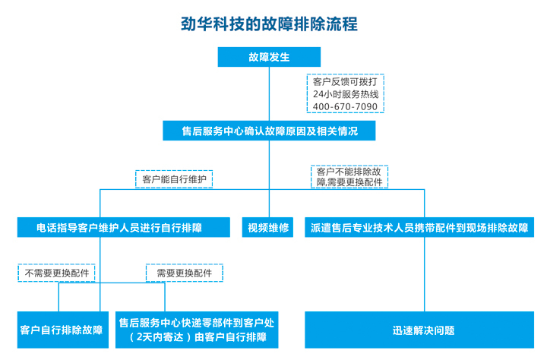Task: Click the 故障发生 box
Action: click(269, 56)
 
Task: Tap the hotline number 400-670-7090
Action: click(345, 106)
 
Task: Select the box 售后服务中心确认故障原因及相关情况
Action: click(269, 131)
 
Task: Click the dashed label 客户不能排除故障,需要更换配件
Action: click(349, 177)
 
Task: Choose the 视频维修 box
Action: click(269, 227)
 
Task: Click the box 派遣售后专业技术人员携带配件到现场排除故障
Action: click(419, 227)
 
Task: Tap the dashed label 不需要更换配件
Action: click(57, 273)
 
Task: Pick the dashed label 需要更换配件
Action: click(184, 273)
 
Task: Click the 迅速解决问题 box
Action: click(424, 330)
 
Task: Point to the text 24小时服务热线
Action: click(345, 93)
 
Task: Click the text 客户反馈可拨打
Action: click(345, 80)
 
